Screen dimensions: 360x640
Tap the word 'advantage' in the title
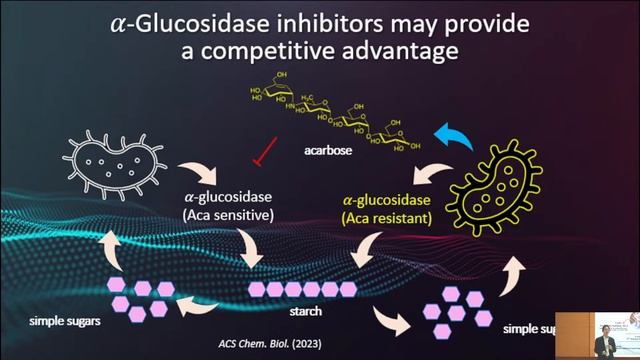(x=410, y=51)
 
